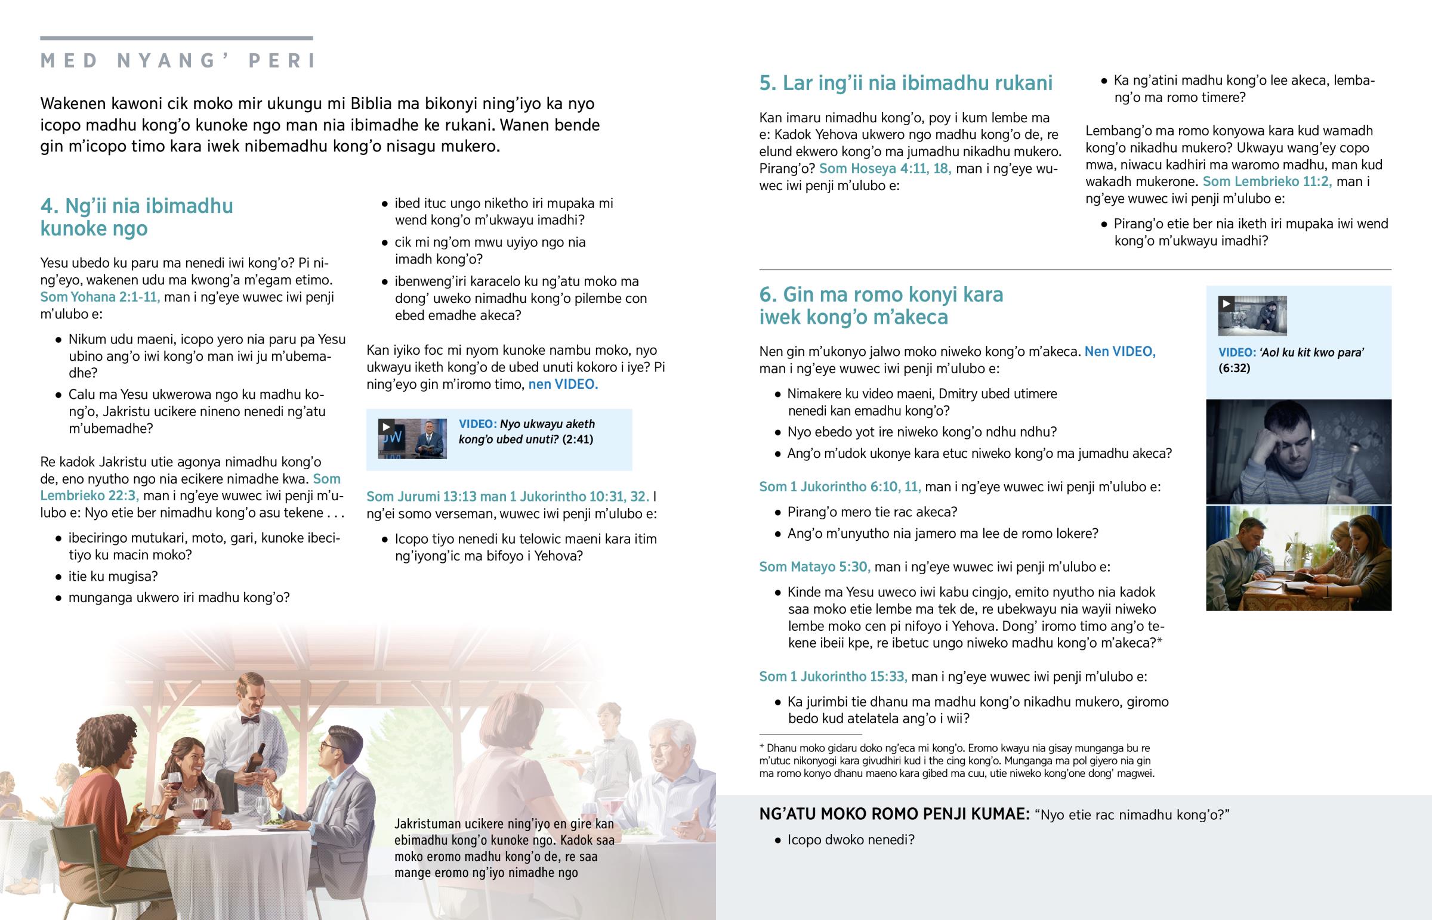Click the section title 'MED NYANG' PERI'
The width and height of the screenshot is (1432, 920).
pyautogui.click(x=177, y=61)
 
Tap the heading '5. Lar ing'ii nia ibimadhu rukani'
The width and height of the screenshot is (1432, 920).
pyautogui.click(x=906, y=83)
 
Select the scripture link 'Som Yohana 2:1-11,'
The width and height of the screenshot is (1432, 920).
pyautogui.click(x=100, y=297)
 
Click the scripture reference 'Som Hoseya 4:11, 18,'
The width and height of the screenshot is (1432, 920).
pyautogui.click(x=884, y=169)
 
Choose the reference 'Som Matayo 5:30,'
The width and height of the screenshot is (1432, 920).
pyautogui.click(x=814, y=566)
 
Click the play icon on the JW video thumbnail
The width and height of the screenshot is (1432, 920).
pyautogui.click(x=385, y=426)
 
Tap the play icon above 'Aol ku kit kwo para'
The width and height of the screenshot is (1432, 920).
pyautogui.click(x=1226, y=303)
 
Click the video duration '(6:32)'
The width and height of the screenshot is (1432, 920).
pyautogui.click(x=1234, y=368)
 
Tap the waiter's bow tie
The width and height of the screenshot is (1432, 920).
pyautogui.click(x=250, y=720)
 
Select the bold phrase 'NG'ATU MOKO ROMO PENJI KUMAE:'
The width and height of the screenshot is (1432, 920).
pyautogui.click(x=894, y=814)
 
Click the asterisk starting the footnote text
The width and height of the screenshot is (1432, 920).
pyautogui.click(x=761, y=748)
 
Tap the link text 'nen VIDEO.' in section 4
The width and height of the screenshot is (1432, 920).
pyautogui.click(x=563, y=384)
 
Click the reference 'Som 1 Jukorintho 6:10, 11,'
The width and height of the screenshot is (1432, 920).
pyautogui.click(x=840, y=487)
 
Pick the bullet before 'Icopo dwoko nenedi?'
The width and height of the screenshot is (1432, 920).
pyautogui.click(x=777, y=841)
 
